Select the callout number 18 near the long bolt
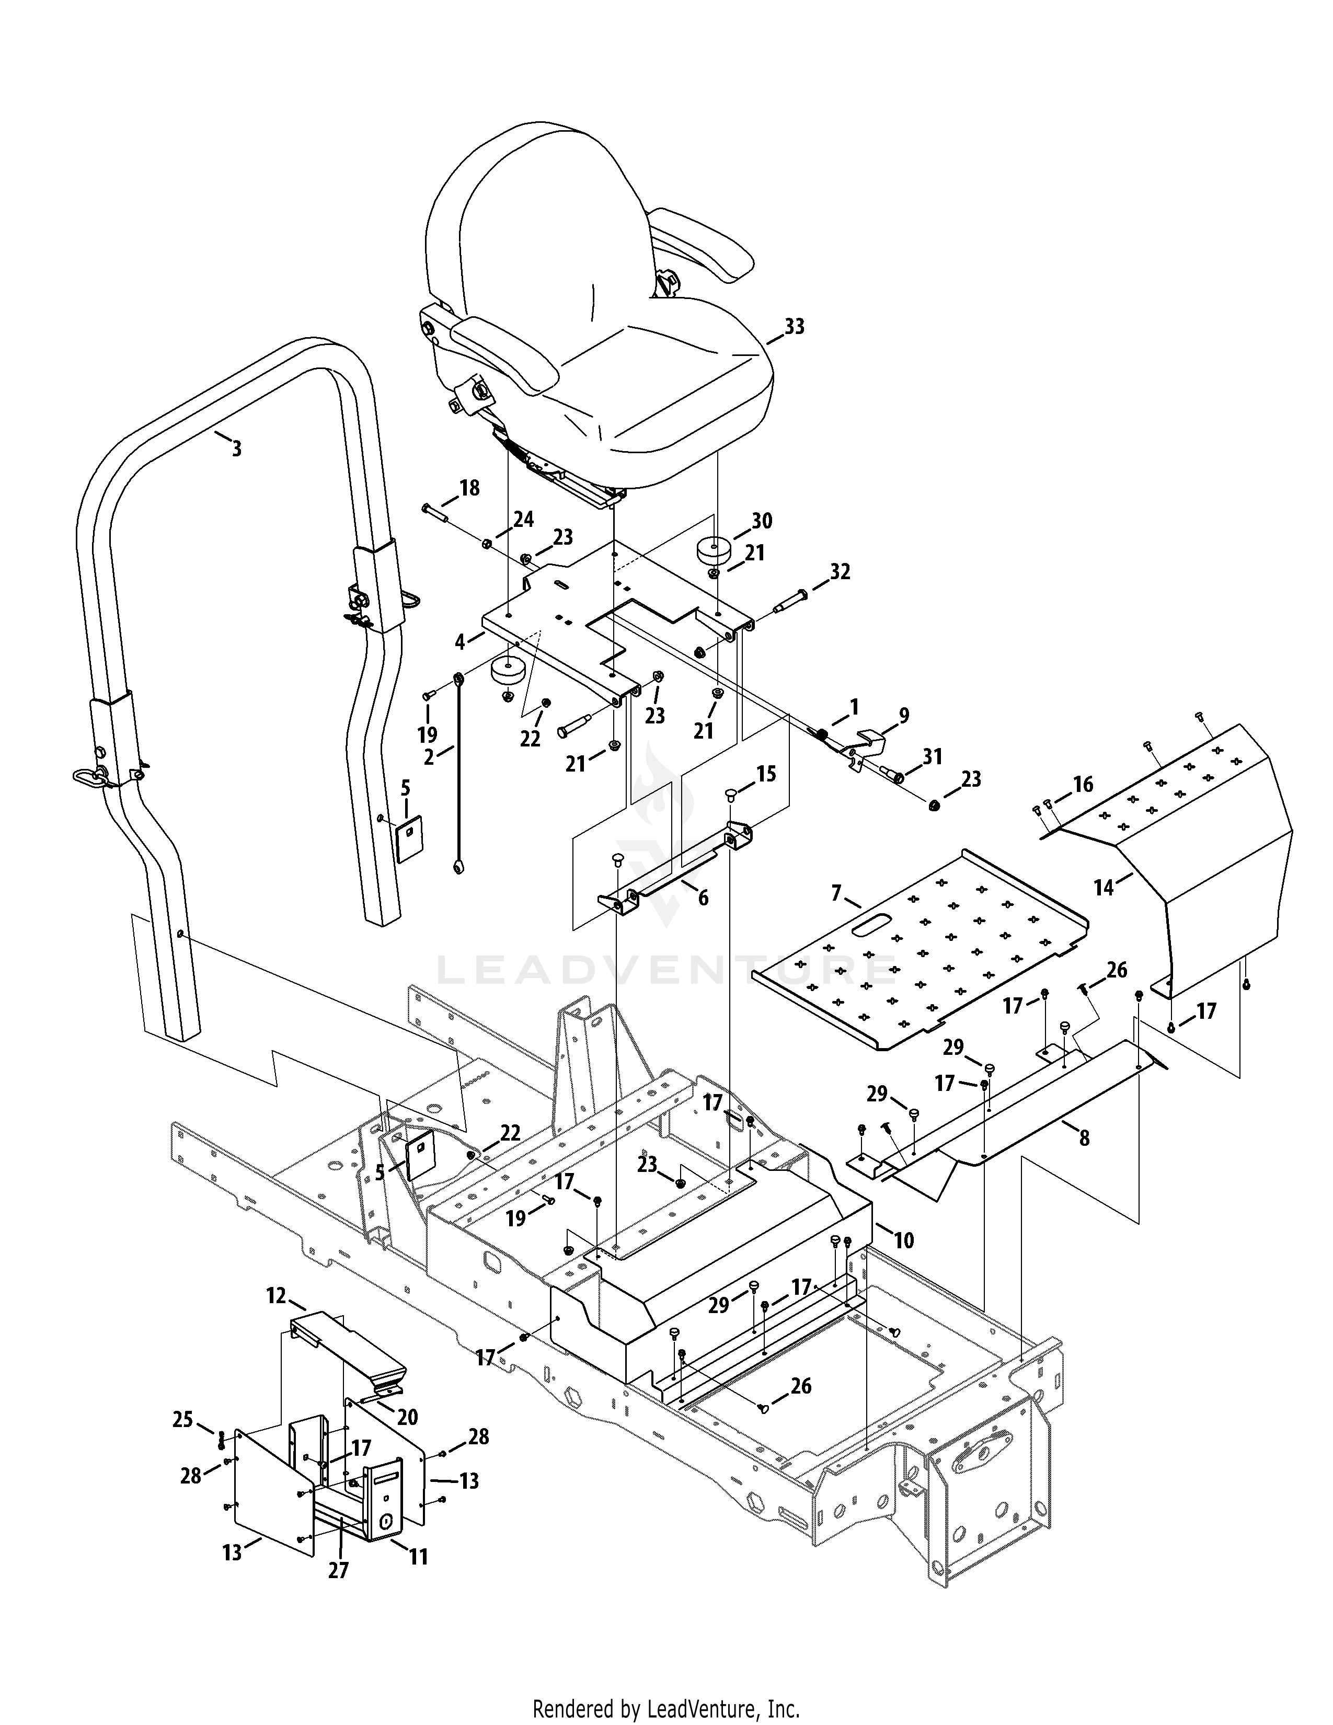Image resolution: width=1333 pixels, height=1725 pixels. click(469, 488)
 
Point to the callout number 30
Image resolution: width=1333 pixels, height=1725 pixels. click(762, 521)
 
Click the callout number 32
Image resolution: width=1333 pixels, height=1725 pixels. click(840, 572)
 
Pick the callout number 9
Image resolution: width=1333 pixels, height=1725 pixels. click(903, 716)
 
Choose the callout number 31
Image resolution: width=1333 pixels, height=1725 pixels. click(933, 757)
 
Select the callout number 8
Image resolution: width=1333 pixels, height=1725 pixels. click(1084, 1138)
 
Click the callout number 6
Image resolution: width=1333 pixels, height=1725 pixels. click(703, 898)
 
